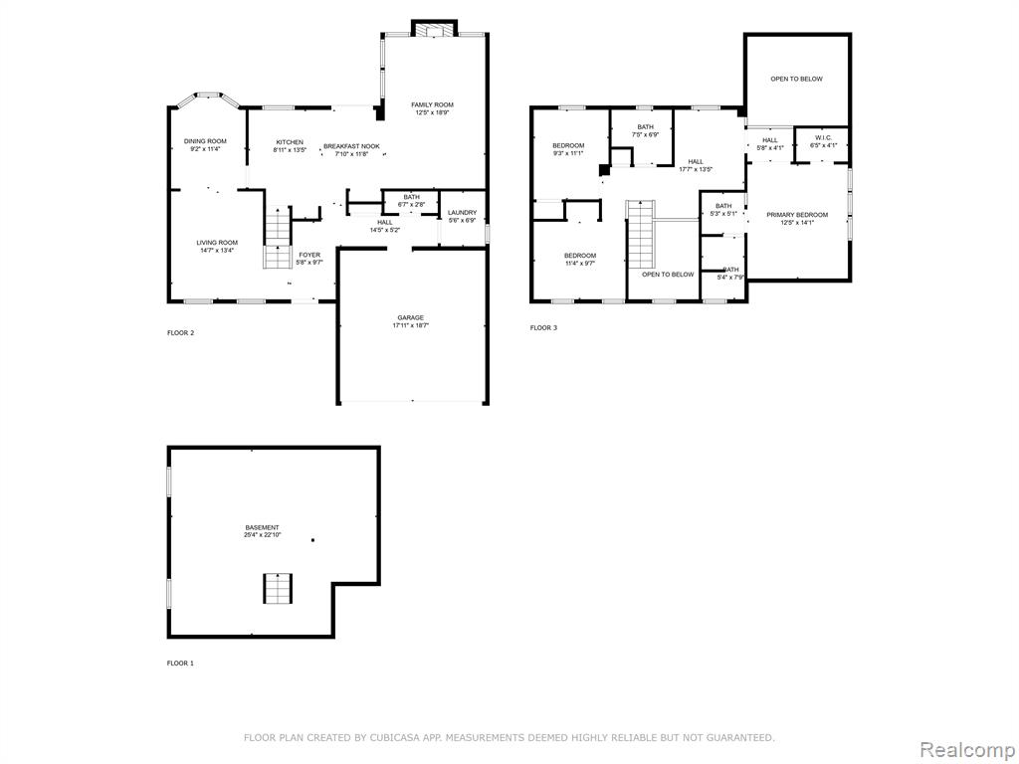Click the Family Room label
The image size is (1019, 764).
coord(432,104)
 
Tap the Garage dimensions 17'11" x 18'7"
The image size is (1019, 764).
coord(411,325)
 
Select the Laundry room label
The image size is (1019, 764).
coord(462,213)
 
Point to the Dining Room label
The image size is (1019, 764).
coord(205,141)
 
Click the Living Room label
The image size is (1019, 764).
coord(217,243)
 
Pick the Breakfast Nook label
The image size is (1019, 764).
coord(351,146)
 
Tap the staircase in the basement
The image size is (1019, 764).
coord(278,589)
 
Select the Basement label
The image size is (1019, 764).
coord(262,527)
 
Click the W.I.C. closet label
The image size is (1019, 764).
coord(822,137)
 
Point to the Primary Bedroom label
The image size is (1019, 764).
coord(797,215)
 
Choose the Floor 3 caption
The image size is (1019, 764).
coord(543,328)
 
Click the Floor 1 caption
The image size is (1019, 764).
coord(180,664)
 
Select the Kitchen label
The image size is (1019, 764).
coord(290,142)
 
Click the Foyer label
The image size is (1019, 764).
coord(309,255)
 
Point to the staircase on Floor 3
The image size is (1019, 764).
coord(640,234)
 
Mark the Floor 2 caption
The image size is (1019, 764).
coord(181,333)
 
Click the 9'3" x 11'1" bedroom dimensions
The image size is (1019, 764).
coord(568,153)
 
